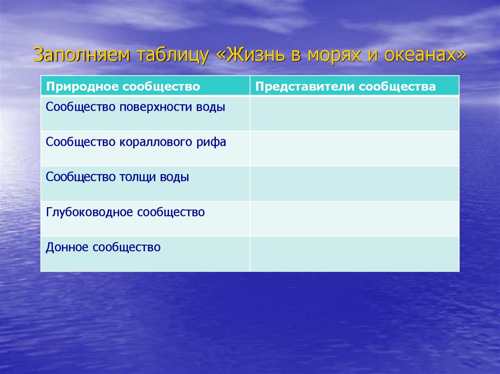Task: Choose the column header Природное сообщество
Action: pyautogui.click(x=123, y=87)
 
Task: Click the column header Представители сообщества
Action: pyautogui.click(x=345, y=87)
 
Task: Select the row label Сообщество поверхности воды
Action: pyautogui.click(x=136, y=107)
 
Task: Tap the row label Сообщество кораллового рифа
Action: pyautogui.click(x=136, y=142)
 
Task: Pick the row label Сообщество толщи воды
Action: pyautogui.click(x=117, y=177)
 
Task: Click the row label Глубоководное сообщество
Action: pyautogui.click(x=125, y=212)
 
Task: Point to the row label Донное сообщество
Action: pyautogui.click(x=103, y=247)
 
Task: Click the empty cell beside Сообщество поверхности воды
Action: pyautogui.click(x=354, y=113)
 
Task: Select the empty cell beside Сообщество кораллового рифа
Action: pyautogui.click(x=354, y=148)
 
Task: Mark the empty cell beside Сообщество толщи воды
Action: pyautogui.click(x=354, y=183)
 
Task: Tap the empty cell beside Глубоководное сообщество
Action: pyautogui.click(x=354, y=218)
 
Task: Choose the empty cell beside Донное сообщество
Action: pyautogui.click(x=354, y=254)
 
